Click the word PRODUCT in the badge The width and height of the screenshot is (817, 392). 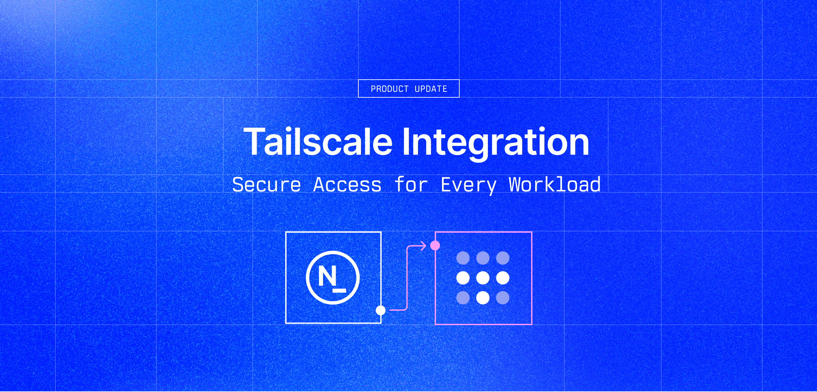coord(389,89)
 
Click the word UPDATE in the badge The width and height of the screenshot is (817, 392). coord(431,89)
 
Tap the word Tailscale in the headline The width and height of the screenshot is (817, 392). coord(318,142)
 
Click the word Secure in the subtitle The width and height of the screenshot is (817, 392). coord(266,185)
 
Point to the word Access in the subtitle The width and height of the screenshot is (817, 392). coord(347,185)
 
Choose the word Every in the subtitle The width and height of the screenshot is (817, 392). coord(468,186)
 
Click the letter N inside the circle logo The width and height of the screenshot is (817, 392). coord(327,276)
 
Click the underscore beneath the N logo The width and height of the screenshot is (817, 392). coord(339,290)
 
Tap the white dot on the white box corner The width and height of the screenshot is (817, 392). coord(380,310)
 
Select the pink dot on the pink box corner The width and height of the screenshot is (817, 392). coord(435,245)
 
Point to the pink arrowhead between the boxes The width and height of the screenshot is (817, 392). coord(424,245)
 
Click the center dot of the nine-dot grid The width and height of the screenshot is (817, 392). coord(483,278)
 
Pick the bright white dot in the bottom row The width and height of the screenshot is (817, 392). coord(483,298)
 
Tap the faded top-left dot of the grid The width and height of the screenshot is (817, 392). coord(463,258)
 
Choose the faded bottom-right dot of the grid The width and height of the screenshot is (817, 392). coord(503,298)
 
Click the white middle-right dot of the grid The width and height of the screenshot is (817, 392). coord(503,278)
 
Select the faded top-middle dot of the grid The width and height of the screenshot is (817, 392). coord(483,258)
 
